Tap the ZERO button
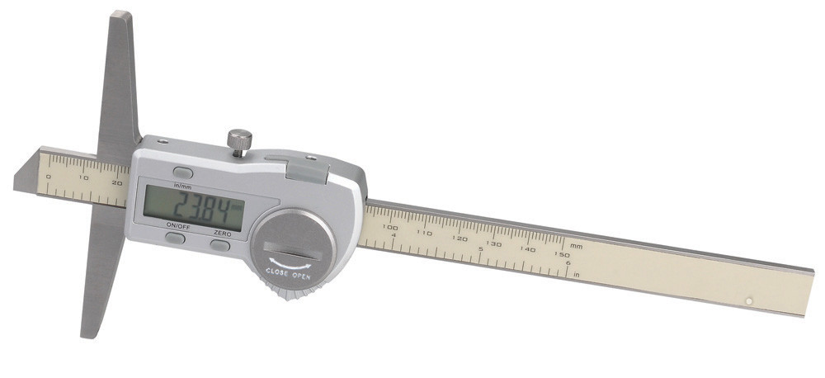[x=220, y=245]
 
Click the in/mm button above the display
[x=182, y=172]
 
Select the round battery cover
[x=293, y=249]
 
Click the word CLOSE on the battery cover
[x=276, y=272]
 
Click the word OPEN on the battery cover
[x=300, y=275]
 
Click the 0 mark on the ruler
[x=49, y=177]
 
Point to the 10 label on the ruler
[x=83, y=177]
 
